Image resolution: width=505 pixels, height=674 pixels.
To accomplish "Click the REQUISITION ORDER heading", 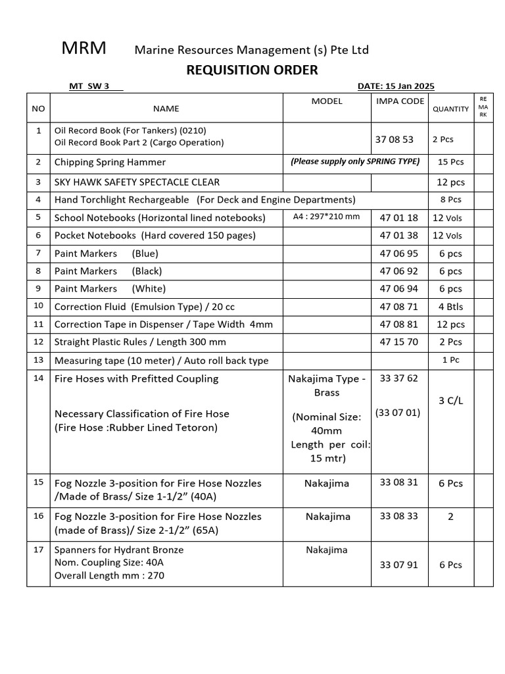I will coord(252,70).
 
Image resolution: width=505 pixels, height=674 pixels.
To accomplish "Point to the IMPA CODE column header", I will coord(400,101).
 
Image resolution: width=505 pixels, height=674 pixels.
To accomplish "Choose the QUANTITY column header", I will coord(450,109).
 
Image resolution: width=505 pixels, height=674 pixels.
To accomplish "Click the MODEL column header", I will coord(327,101).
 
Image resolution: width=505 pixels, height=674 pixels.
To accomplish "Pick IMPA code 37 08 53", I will coord(395,140).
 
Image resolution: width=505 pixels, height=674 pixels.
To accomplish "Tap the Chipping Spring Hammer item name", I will coord(110,162).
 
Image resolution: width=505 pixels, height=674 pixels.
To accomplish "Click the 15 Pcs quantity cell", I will coord(450,162).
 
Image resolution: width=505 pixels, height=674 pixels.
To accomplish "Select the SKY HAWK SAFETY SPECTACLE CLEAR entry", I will coord(137,182).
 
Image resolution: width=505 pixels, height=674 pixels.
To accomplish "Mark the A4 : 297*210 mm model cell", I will coord(327,217).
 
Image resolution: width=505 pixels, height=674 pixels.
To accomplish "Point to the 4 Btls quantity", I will coord(450,307).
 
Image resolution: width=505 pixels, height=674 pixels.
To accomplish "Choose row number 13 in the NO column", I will coord(38,360).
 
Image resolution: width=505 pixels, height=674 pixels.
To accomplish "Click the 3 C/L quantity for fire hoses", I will coord(450,400).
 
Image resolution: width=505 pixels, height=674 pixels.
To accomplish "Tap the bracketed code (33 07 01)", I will coord(397,413).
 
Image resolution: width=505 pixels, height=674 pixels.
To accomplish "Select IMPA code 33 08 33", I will coord(398,516).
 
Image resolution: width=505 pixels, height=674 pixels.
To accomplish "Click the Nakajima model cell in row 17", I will coord(327,550).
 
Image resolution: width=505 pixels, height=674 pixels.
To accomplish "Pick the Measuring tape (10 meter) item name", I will coord(161,361).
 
